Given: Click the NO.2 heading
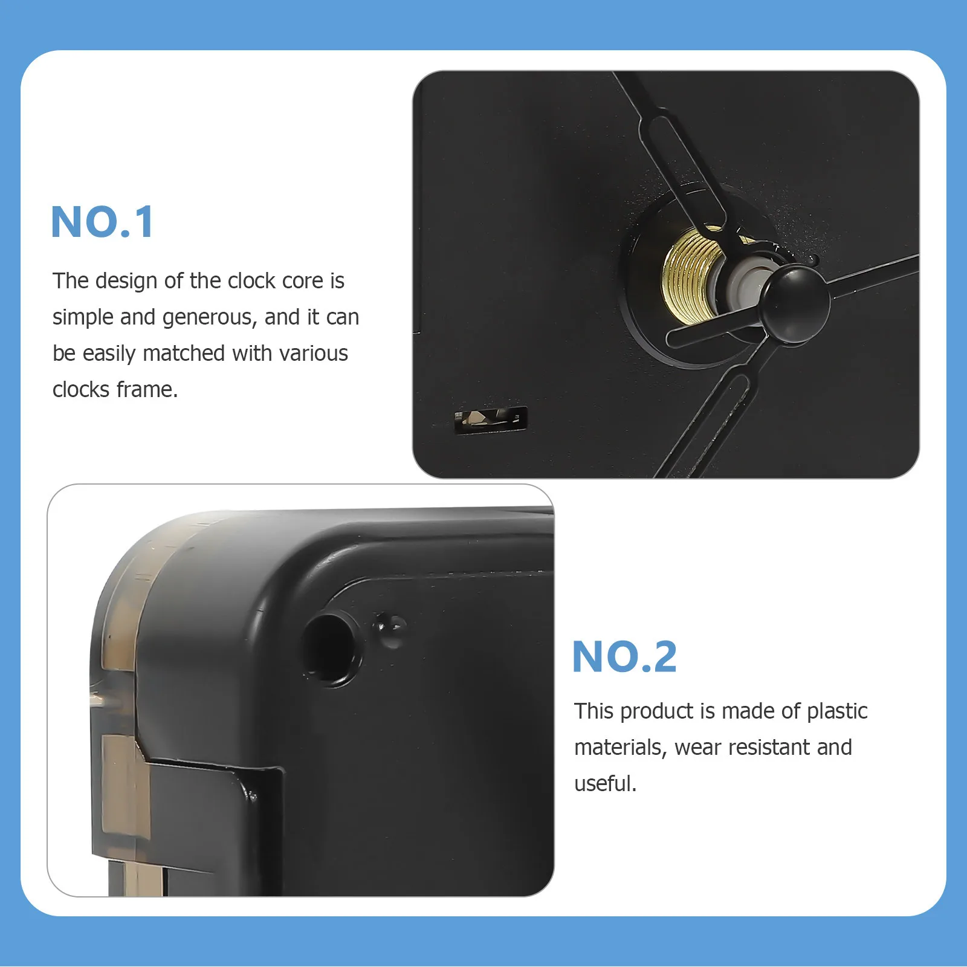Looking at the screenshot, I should tap(624, 657).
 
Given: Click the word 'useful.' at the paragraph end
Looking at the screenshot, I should tap(605, 784).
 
